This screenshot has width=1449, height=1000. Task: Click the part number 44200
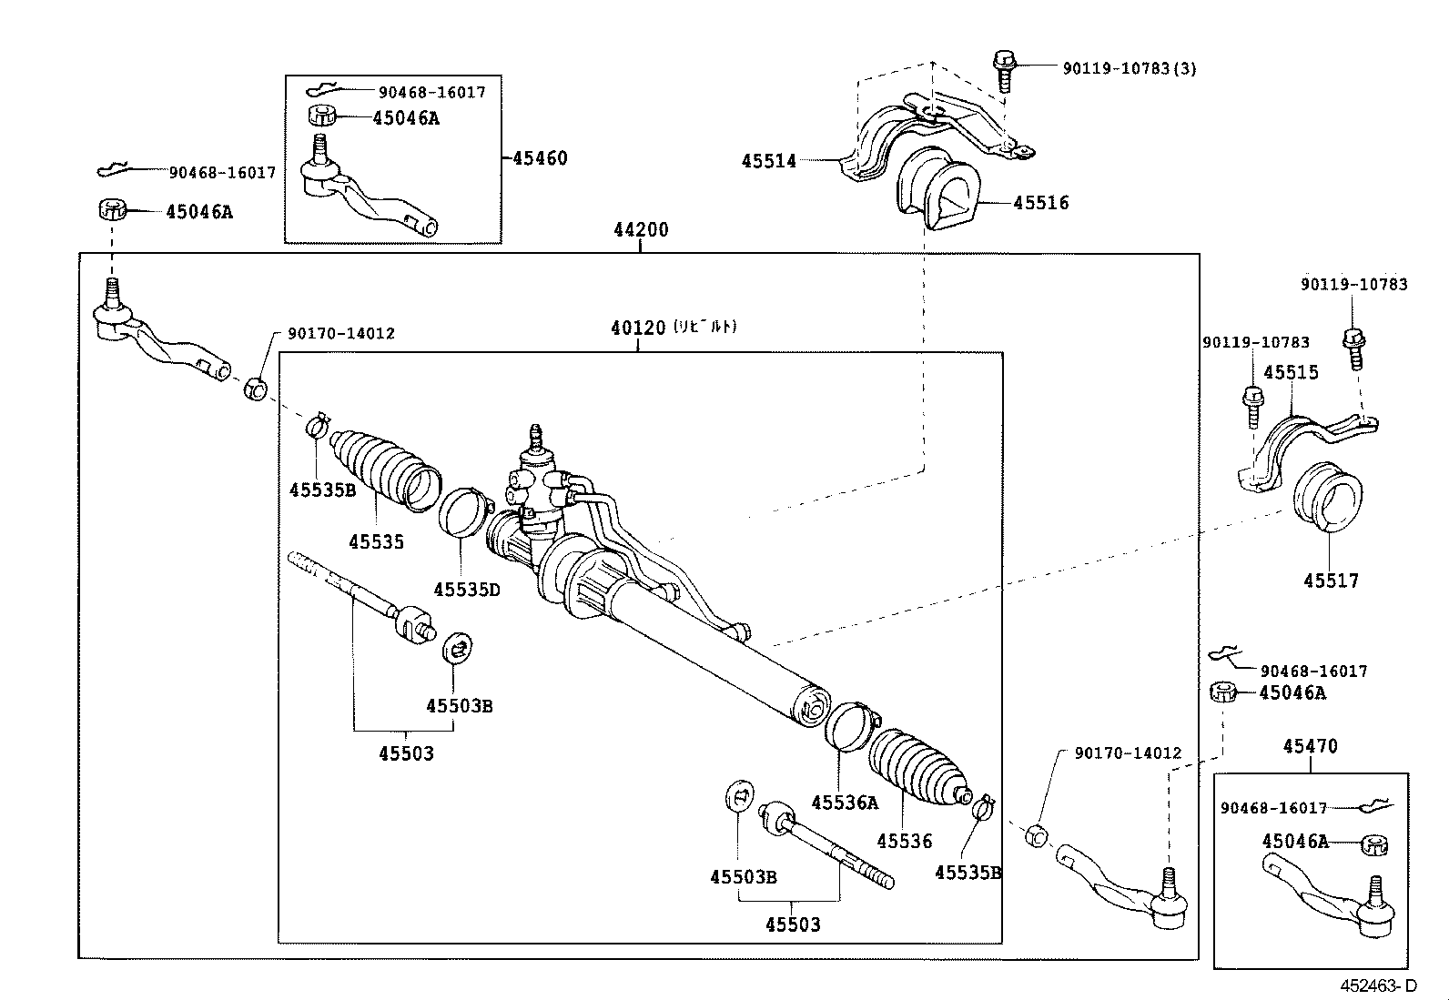pos(641,229)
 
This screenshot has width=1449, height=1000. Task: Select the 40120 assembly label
pos(637,328)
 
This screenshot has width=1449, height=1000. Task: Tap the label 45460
pos(540,158)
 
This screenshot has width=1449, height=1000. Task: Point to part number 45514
pos(769,161)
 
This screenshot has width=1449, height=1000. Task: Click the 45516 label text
pos(1042,203)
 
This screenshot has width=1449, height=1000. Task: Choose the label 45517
pos(1331,581)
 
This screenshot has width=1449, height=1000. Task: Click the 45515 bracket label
pos(1291,372)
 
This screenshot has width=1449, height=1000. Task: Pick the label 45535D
pos(467,590)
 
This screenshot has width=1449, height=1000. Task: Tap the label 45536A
pos(845,803)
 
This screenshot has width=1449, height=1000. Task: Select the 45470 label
pos(1311,746)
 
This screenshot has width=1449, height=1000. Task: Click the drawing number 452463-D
pos(1377,985)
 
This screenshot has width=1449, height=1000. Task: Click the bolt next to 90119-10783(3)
pos(1004,70)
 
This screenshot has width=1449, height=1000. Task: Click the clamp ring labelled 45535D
pos(463,513)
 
